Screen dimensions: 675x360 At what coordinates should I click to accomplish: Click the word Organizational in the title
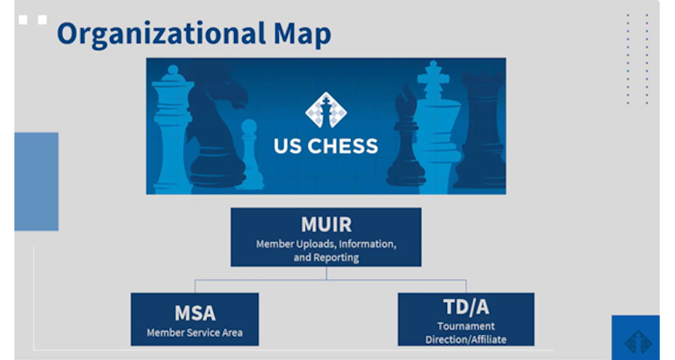point(161,34)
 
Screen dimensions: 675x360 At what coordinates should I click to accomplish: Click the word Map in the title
point(302,34)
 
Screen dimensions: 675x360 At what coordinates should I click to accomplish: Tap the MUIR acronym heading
point(327,224)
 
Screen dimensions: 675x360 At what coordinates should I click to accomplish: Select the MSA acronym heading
point(194,313)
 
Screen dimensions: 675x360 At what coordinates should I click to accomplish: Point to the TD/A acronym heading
point(466,307)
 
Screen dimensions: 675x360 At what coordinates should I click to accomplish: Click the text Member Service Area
point(194,332)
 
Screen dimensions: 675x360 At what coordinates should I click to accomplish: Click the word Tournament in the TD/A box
point(466,326)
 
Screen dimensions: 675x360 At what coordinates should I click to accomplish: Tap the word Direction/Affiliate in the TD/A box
point(466,339)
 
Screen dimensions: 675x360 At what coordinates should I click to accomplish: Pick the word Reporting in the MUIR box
point(336,257)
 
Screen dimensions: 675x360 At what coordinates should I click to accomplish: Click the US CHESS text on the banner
point(326,147)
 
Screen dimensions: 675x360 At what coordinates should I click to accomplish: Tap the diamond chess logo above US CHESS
point(326,110)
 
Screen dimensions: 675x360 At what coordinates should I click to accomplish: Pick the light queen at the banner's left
point(172,130)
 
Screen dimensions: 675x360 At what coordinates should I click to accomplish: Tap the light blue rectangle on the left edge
point(37,181)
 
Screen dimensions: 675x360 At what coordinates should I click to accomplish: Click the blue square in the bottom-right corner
point(635,337)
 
